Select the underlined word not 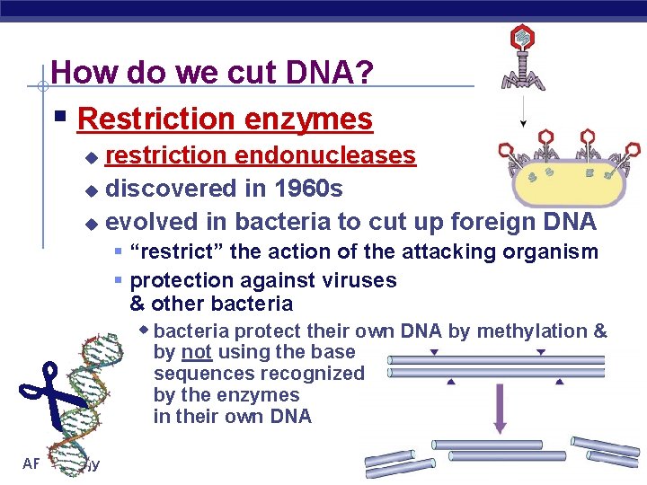(196, 352)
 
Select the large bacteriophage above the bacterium (523, 58)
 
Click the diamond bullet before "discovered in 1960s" (90, 190)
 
